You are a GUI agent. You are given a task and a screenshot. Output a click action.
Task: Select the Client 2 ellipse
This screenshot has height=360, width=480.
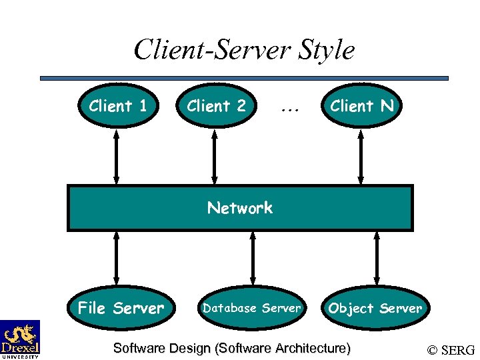[x=216, y=105]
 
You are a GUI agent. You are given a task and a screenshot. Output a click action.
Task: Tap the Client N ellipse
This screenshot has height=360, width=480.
[x=361, y=105]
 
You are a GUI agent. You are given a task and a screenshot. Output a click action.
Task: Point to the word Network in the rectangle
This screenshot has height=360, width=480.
[x=240, y=208]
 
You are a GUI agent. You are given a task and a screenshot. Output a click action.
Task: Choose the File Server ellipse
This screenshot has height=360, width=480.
[x=121, y=308]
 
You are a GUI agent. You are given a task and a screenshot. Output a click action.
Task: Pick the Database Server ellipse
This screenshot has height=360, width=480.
[x=252, y=308]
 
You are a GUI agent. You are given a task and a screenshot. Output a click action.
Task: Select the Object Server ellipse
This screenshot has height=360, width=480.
[x=375, y=308]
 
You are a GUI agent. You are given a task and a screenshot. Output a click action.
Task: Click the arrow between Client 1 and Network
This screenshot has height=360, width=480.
[x=117, y=157]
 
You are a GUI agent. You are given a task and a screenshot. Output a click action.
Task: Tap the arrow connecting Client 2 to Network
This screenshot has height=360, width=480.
[x=215, y=157]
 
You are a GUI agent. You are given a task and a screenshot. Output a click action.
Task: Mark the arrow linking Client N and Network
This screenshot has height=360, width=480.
[x=361, y=157]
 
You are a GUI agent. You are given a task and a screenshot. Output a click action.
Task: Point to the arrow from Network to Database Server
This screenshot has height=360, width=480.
[x=252, y=257]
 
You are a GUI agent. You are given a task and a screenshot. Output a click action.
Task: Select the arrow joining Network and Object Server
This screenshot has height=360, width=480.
[x=377, y=257]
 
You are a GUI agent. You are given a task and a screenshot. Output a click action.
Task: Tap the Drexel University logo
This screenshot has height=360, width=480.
[x=20, y=339]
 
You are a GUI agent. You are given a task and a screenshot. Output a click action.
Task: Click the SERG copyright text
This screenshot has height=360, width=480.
[x=451, y=349]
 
